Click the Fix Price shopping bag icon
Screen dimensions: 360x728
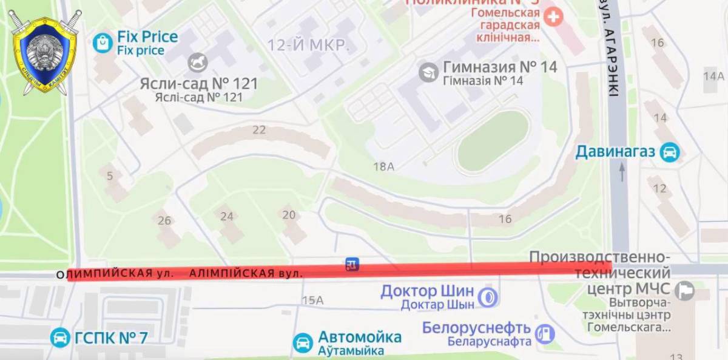coord(103,42)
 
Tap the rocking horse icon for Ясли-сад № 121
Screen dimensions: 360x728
coord(198,62)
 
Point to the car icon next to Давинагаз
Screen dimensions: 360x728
coord(670,152)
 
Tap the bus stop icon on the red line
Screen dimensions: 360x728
coord(352,264)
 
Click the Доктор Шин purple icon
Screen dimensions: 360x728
coord(487,297)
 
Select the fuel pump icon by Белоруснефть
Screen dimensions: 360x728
coord(545,333)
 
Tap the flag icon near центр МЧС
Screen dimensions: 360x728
coord(685,291)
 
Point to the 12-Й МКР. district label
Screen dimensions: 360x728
coord(308,44)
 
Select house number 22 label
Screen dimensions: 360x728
coord(259,129)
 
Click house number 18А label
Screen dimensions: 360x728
coord(383,166)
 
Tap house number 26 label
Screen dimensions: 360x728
coord(164,220)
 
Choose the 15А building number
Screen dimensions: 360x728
coord(312,300)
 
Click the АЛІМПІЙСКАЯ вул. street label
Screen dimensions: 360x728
coord(246,274)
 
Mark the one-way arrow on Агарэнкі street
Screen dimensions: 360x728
coord(621,172)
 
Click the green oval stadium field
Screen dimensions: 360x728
coord(493,141)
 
